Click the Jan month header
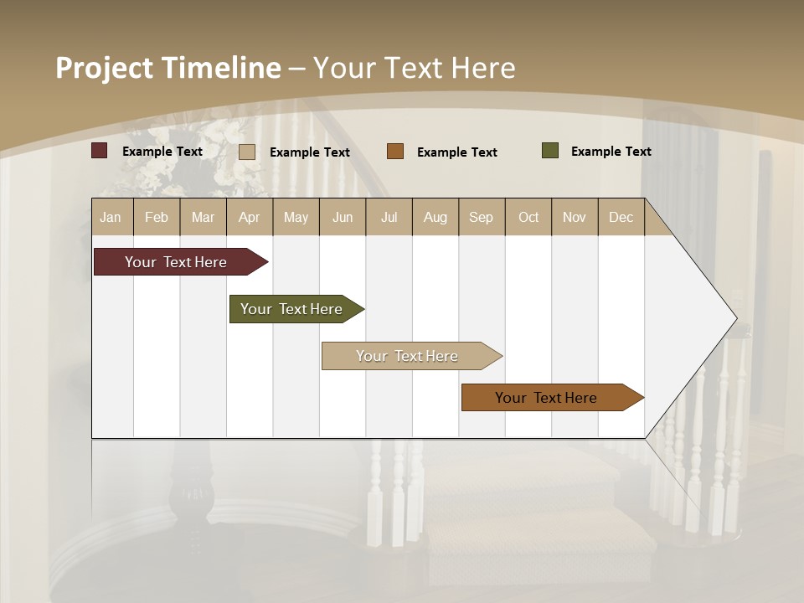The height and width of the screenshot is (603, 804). [x=111, y=217]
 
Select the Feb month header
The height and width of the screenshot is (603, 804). [x=157, y=217]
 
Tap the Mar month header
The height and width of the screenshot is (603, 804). [x=203, y=217]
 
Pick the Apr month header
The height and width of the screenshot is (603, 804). [x=250, y=217]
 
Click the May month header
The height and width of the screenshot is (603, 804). [x=296, y=217]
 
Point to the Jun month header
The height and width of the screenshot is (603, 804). [x=343, y=217]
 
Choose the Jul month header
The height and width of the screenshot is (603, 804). [x=389, y=217]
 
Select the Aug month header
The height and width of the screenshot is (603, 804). [x=435, y=217]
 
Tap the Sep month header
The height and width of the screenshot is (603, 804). [x=482, y=217]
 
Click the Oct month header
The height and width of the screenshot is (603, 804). [x=528, y=217]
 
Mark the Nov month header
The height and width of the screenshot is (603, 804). [x=575, y=217]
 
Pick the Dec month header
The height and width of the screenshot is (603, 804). [x=621, y=217]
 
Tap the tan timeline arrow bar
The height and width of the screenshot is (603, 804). [x=408, y=356]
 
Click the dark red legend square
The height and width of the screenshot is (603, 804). [x=100, y=151]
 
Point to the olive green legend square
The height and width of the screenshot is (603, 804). [x=550, y=151]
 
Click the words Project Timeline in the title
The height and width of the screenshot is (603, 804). [x=168, y=68]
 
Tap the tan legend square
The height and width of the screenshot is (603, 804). [x=247, y=152]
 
